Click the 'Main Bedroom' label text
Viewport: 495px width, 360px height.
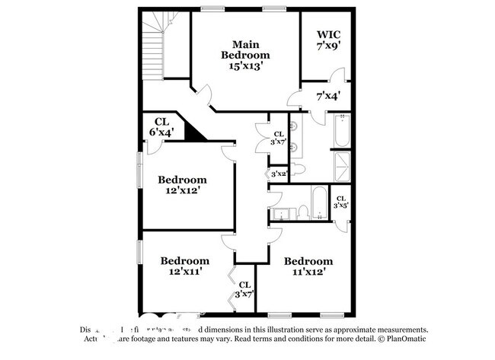coord(245,55)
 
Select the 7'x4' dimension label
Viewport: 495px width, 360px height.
coord(328,96)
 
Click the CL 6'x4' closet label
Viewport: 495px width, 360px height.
coord(161,126)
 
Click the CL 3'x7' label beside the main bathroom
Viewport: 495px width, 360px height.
coord(278,138)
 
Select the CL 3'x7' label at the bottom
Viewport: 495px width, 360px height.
coord(244,289)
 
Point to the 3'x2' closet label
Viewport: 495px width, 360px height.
coord(278,174)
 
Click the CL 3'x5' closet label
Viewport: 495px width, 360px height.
coord(341,202)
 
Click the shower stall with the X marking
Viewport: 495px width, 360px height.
coord(342,167)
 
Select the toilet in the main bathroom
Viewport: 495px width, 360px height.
coord(299,167)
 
